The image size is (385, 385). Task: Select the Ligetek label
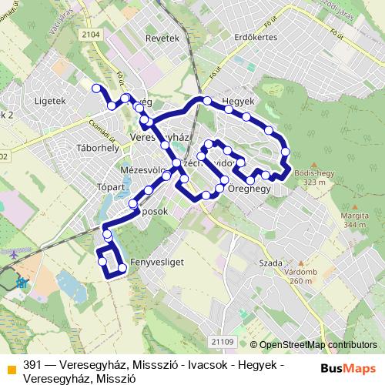(51, 100)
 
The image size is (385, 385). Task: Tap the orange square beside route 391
(12, 366)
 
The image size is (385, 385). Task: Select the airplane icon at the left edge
(14, 253)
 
